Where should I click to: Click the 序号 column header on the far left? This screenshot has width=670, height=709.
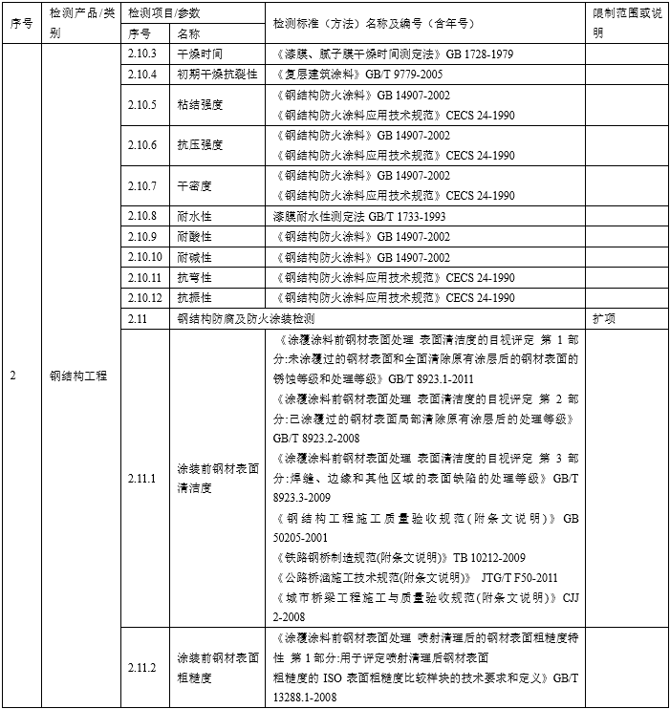coord(20,24)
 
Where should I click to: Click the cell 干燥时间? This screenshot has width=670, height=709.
coord(200,54)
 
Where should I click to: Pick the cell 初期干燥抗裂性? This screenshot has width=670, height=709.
coord(217,75)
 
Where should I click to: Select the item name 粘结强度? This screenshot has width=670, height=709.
coord(200,105)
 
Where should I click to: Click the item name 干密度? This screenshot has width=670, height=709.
coord(194,185)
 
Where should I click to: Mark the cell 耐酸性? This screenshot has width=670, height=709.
coord(194,236)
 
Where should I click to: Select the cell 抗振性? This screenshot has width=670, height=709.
coord(194,297)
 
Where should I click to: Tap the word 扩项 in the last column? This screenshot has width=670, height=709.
coord(604,317)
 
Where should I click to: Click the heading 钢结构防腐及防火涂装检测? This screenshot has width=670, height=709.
coord(246,317)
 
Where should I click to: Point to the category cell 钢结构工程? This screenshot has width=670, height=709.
coord(78,376)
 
